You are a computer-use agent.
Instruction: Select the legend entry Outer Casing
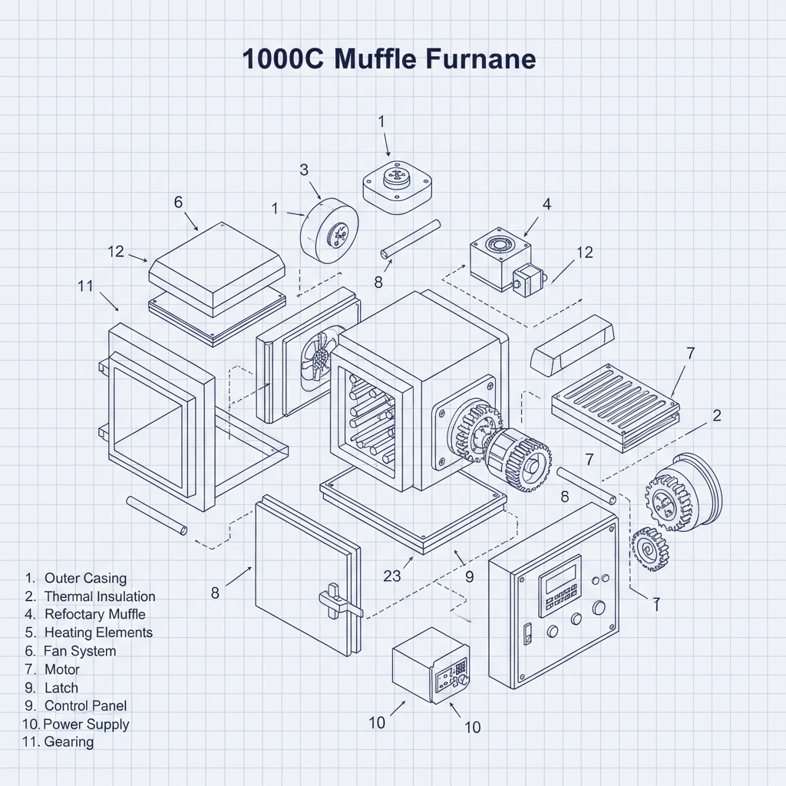click(x=85, y=578)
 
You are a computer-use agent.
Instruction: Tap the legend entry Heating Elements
click(x=98, y=632)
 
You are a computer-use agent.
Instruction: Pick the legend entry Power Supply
click(x=86, y=724)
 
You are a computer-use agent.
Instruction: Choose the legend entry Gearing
click(x=69, y=741)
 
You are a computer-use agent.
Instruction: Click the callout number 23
click(x=391, y=576)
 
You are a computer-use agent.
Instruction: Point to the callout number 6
click(x=178, y=202)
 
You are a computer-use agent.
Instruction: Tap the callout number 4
click(x=547, y=204)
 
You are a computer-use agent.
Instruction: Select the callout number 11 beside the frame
click(x=85, y=286)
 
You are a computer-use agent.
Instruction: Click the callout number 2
click(x=717, y=415)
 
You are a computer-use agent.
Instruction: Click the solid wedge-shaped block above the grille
click(x=573, y=345)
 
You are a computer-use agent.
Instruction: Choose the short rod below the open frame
click(x=157, y=515)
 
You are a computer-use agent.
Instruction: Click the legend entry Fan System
click(x=80, y=651)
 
